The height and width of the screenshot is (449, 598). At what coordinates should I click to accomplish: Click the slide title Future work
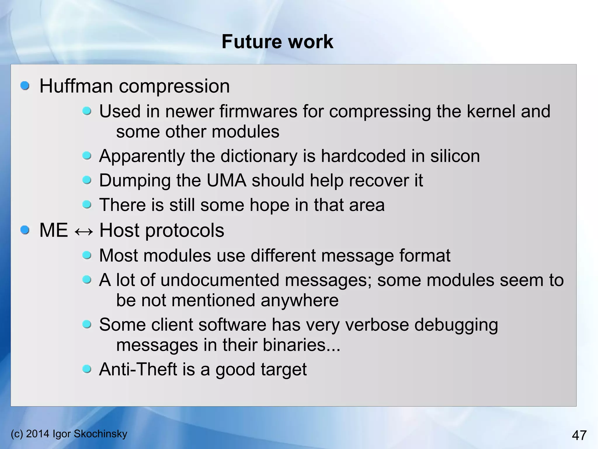(277, 42)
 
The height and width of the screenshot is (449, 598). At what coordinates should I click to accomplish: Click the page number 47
(579, 435)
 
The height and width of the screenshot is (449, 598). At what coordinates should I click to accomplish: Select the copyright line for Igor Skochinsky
(69, 433)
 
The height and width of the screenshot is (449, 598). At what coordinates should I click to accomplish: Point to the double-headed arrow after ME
(84, 231)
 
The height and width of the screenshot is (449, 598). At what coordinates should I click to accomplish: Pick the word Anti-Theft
(138, 369)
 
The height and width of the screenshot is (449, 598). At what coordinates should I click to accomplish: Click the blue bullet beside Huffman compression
(25, 86)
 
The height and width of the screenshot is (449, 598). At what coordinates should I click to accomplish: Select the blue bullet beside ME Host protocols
(25, 230)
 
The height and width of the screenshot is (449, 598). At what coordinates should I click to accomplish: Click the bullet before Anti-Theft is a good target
(87, 369)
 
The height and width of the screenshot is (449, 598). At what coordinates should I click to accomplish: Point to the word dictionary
(259, 156)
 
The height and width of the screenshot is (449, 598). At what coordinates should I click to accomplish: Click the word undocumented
(220, 280)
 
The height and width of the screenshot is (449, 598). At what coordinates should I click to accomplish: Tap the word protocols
(185, 230)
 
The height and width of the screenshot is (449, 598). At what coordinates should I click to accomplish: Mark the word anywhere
(299, 300)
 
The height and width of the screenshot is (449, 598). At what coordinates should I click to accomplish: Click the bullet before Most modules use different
(87, 256)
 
